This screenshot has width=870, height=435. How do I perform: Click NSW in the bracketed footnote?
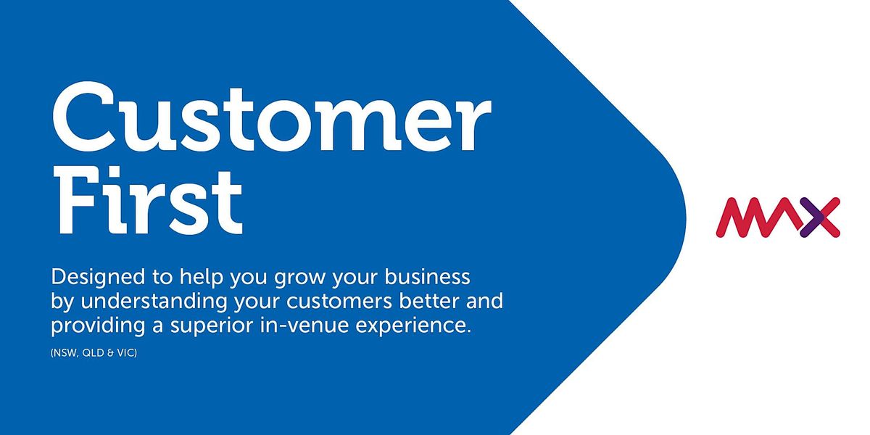point(65,353)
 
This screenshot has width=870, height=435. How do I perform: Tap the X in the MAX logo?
point(819,217)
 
